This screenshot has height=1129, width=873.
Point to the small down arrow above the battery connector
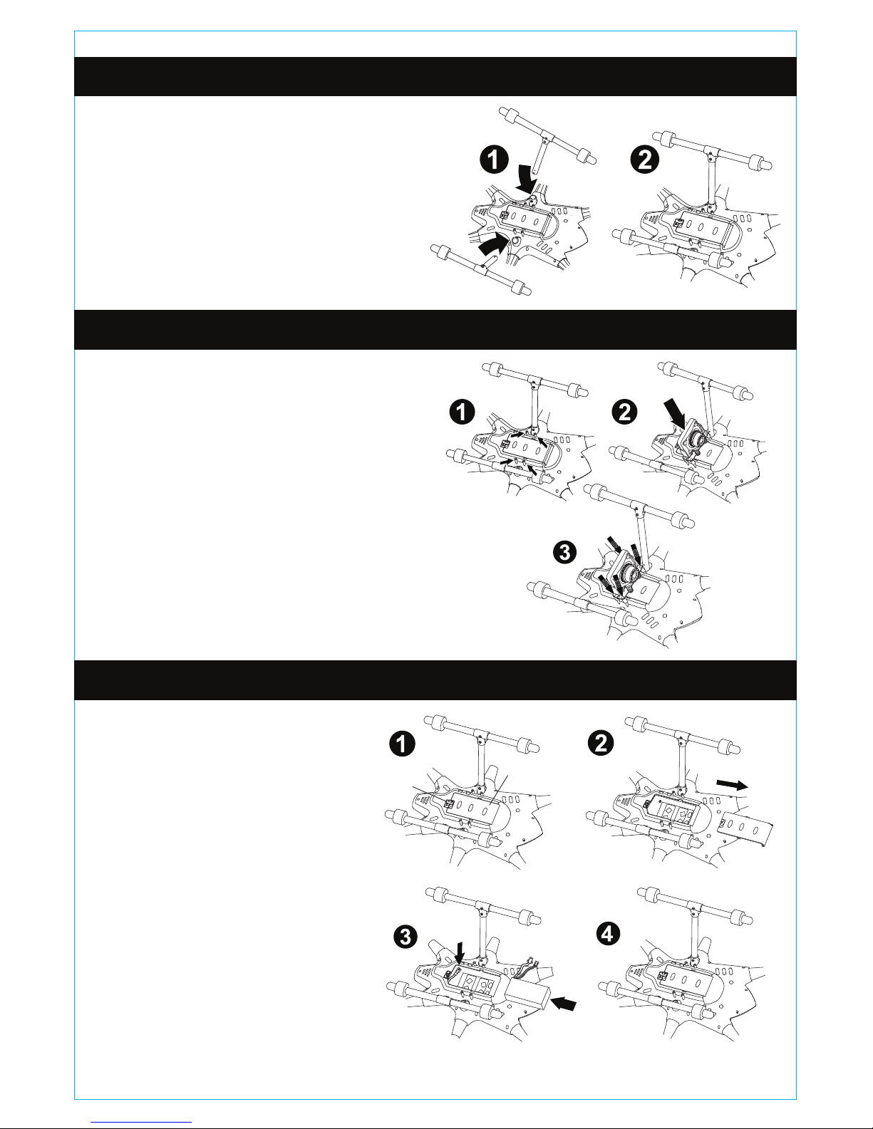pos(460,952)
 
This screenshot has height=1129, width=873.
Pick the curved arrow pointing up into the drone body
pos(492,244)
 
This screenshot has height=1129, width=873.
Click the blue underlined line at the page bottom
pos(141,1121)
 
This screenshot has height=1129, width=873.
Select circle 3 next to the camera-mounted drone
pos(565,552)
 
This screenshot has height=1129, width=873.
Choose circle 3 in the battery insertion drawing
pos(405,938)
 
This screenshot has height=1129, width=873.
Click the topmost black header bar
pos(435,76)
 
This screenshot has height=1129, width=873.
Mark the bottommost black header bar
pos(435,680)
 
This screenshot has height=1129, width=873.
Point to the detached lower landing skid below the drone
pos(480,269)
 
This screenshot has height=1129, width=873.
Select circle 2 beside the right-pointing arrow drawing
pos(601,742)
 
